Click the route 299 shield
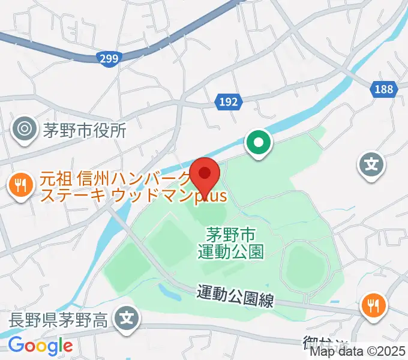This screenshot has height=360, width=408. point(109,57)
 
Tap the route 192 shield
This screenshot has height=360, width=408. point(228,103)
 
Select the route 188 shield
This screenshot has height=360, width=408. point(382,89)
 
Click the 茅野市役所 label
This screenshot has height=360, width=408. point(85,130)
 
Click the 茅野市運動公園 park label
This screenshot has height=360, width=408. point(231,241)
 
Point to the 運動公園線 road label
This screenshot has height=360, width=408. point(235,296)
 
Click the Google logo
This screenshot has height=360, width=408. point(40,346)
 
